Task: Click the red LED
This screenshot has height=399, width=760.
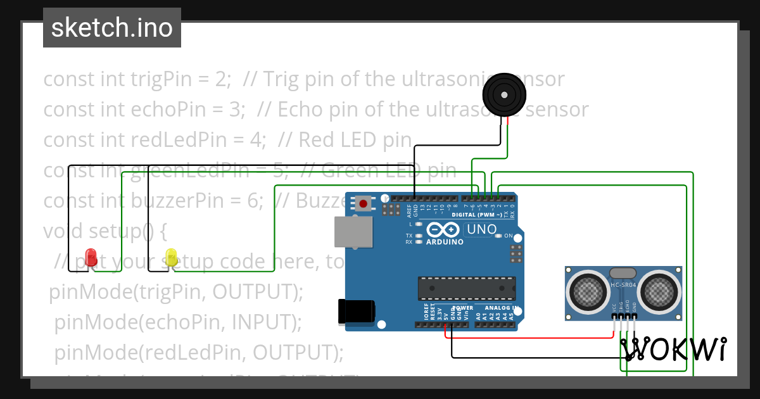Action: coord(91,256)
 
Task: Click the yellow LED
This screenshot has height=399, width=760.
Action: coord(171,256)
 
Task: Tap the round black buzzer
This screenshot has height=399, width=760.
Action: coord(504,95)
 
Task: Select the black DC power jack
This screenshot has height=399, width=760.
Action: coord(357,311)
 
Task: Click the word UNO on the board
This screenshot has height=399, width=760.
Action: coord(482,229)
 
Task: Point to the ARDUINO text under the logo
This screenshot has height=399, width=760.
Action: coord(445,242)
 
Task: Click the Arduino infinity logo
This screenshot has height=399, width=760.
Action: coord(443,229)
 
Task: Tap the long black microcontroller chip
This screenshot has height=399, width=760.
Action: coord(465,288)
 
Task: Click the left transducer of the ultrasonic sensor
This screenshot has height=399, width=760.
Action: coord(589,291)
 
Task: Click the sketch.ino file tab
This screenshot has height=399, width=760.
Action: coord(112,28)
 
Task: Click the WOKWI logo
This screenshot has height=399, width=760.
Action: coord(674,349)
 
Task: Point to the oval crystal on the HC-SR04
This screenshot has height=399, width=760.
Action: coord(623,273)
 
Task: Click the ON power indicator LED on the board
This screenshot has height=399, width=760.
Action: coord(499,236)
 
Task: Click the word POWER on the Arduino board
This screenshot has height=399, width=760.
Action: coord(463,308)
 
